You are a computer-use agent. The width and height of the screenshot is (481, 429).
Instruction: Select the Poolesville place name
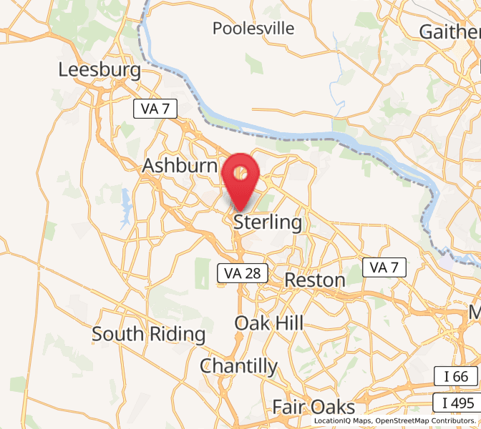coord(253,29)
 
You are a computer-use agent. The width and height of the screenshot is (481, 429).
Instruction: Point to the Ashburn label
coord(179,165)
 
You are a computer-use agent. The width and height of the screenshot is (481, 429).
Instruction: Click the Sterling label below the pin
coord(268,222)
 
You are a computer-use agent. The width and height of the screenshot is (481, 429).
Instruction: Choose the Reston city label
coord(315,280)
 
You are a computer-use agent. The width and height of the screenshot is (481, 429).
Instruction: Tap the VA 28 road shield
coord(243,272)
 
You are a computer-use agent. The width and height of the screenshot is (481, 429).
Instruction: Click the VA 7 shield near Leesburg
coord(155,109)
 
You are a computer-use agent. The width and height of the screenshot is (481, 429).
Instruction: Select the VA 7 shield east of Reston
coord(384,267)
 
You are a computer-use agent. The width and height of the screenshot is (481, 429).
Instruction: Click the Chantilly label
coord(238,366)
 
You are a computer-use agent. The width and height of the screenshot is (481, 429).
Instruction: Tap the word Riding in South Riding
coord(178,334)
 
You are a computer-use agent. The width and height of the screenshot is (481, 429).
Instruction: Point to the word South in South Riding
coord(119,334)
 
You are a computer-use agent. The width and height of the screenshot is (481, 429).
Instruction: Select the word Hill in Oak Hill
coord(288,322)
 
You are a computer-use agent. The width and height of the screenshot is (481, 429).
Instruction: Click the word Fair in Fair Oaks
coord(291,408)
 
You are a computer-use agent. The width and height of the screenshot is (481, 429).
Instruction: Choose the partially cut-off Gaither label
coord(450,32)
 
